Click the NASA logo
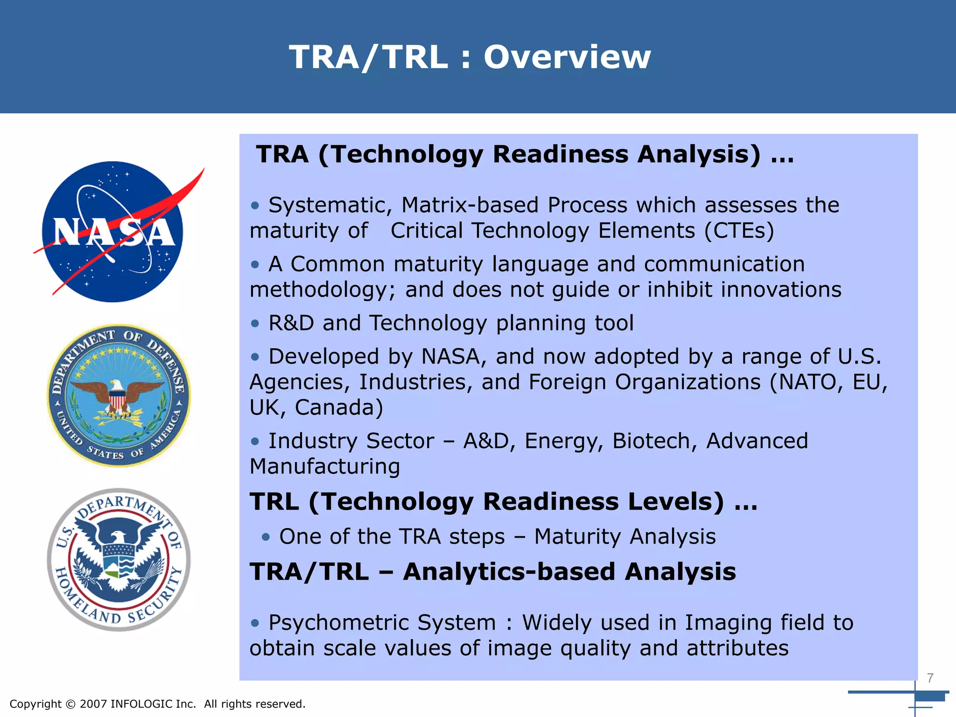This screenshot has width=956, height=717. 113,232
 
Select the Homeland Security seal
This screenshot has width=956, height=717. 119,560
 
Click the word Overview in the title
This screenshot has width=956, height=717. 567,57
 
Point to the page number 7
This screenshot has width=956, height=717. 930,678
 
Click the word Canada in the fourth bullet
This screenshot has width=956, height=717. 338,408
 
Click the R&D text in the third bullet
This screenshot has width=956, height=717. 291,323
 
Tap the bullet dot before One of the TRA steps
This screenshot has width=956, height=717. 266,537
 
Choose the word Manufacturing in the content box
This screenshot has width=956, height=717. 325,467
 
